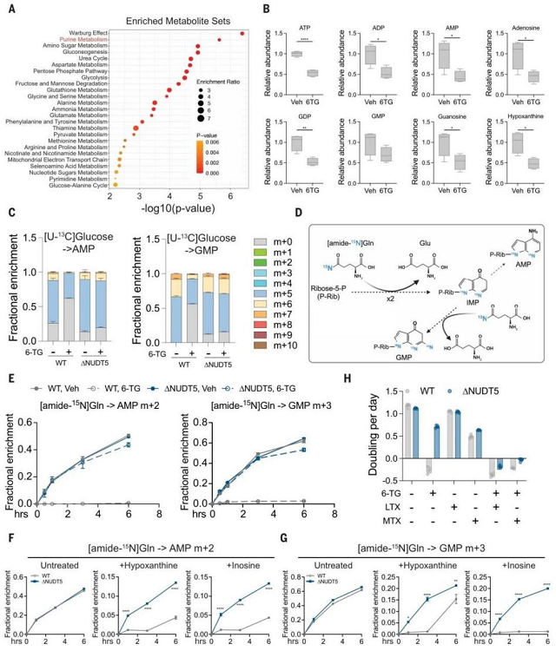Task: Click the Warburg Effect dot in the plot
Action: (242, 34)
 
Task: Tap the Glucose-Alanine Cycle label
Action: (76, 185)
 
